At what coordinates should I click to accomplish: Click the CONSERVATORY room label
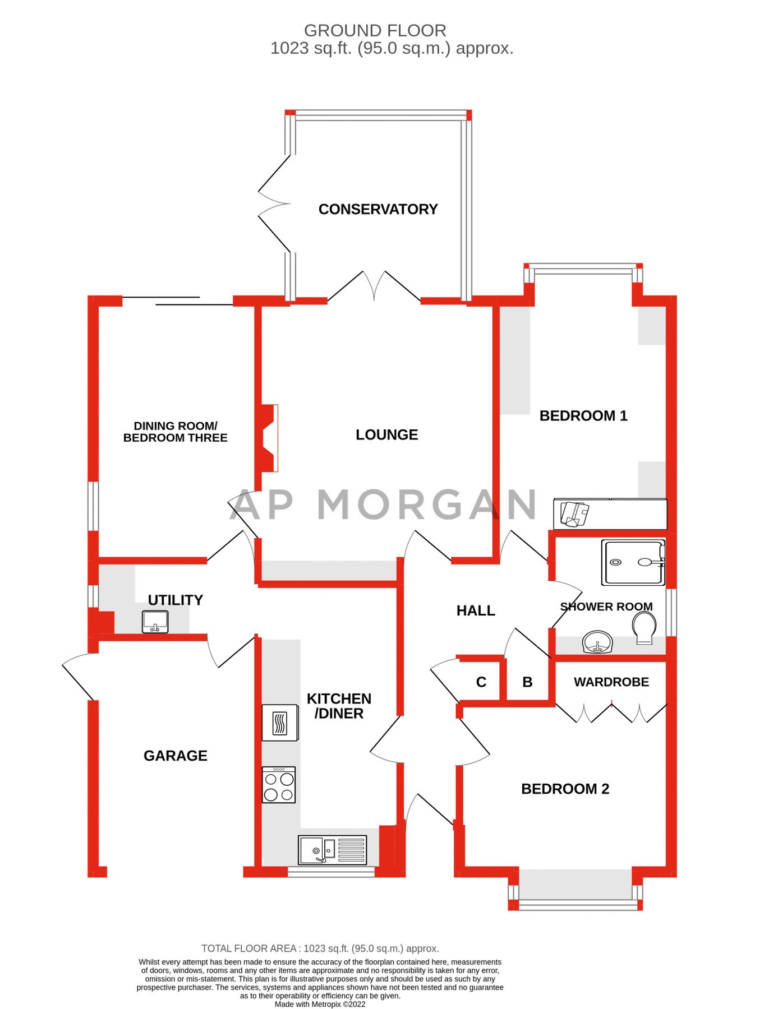click(x=378, y=209)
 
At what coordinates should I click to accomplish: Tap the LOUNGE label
click(x=386, y=434)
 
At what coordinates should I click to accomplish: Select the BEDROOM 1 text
click(x=583, y=415)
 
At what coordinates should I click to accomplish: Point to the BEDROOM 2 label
click(x=565, y=789)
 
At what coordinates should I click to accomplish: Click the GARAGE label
click(x=176, y=756)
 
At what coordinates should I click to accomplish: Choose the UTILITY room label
click(x=175, y=600)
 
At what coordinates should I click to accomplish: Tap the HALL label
click(x=476, y=610)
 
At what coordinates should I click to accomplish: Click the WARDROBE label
click(x=611, y=682)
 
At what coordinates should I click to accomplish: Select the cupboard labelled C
click(x=481, y=682)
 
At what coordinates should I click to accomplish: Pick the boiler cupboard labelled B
click(x=527, y=682)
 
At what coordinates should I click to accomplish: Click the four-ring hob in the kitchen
click(x=279, y=785)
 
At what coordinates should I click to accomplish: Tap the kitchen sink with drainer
click(x=333, y=850)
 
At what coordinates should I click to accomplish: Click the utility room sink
click(x=155, y=622)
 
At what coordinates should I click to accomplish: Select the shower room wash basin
click(x=597, y=642)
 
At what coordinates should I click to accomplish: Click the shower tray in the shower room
click(x=633, y=562)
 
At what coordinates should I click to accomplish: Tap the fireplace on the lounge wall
click(x=267, y=438)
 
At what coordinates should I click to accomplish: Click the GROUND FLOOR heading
click(x=375, y=30)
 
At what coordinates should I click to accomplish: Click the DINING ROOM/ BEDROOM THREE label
click(x=176, y=432)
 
